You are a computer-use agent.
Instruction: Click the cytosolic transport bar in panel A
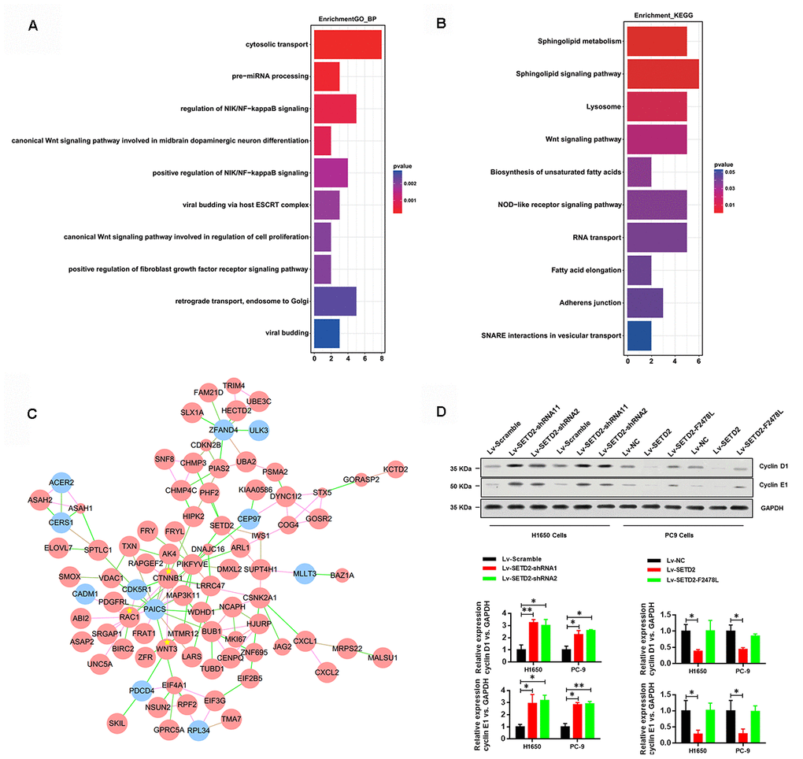click(x=347, y=44)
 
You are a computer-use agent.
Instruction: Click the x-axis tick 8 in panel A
click(x=382, y=360)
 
